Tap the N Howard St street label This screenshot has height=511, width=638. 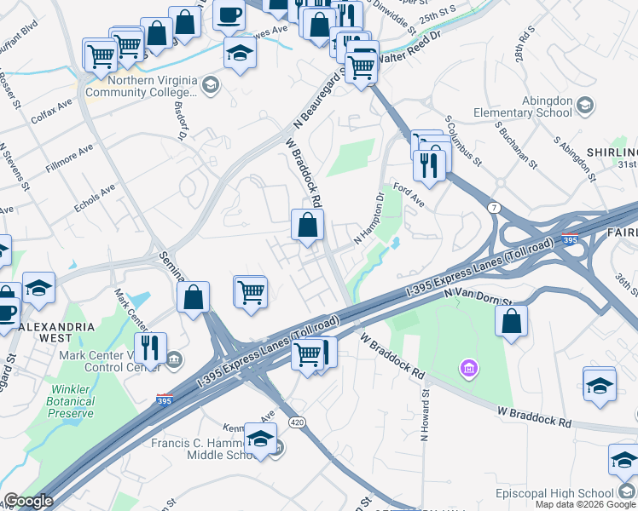point(424,415)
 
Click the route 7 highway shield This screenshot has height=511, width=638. point(494,207)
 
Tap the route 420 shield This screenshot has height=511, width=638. point(296,422)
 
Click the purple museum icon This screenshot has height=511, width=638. point(468,369)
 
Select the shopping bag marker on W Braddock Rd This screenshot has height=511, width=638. point(307,226)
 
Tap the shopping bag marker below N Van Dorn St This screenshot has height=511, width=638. point(511,321)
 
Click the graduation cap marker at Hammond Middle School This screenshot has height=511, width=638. point(260,439)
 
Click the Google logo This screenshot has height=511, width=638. point(28,501)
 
